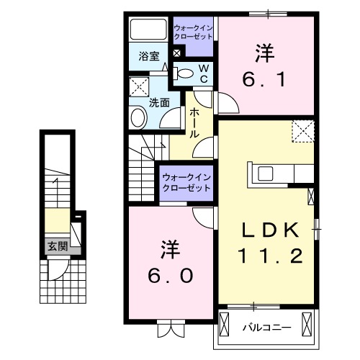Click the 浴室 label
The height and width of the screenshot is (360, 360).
[149, 55]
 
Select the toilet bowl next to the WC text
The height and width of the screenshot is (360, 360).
[185, 72]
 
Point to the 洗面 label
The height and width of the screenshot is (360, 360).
[159, 102]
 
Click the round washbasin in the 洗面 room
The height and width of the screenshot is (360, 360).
[138, 117]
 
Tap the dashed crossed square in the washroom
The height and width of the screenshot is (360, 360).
[138, 89]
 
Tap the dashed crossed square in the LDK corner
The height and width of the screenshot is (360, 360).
[302, 131]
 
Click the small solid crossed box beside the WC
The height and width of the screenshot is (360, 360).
[177, 53]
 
